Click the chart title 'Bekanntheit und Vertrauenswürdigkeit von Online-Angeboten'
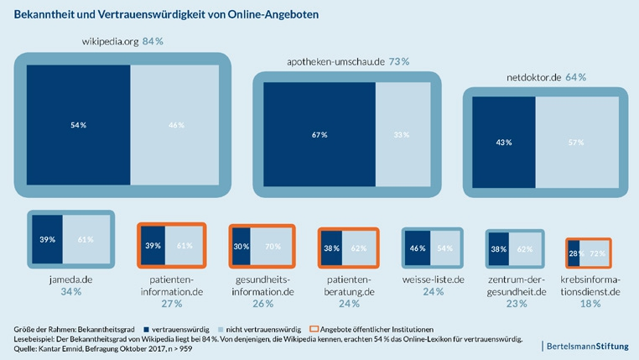click(x=166, y=15)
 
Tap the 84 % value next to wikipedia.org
click(x=153, y=41)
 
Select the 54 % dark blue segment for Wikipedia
click(x=78, y=124)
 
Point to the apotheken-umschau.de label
click(x=333, y=60)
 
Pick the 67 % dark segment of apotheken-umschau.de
click(x=319, y=134)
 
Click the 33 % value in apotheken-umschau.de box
click(x=401, y=134)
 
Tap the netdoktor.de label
click(x=534, y=77)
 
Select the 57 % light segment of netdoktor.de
click(x=576, y=143)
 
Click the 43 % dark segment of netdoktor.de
click(x=504, y=143)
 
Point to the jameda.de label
click(x=70, y=277)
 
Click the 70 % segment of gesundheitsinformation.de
click(x=272, y=248)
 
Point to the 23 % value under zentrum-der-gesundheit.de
click(x=517, y=304)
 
